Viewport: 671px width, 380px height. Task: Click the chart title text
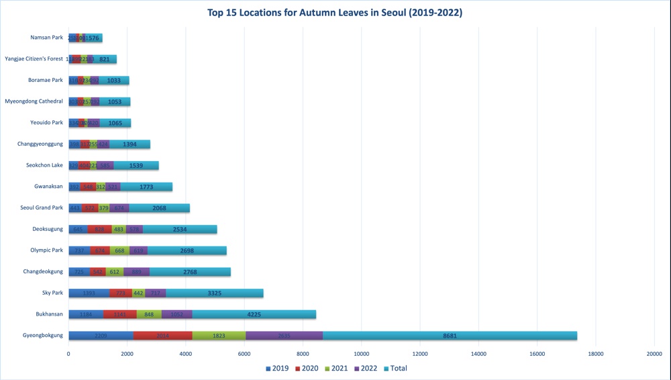335,13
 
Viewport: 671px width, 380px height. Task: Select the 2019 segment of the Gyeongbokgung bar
101,336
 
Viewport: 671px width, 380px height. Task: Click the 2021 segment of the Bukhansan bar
148,314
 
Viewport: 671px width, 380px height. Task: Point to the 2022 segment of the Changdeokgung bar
136,271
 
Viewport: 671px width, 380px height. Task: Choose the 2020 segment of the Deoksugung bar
99,229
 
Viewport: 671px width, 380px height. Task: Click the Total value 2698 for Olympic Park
187,250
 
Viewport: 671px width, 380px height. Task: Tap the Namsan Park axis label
46,38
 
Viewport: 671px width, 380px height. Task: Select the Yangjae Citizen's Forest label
34,59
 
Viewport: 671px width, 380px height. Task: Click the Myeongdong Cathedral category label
34,101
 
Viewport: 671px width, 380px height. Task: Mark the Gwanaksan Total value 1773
146,187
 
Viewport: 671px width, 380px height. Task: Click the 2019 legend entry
276,368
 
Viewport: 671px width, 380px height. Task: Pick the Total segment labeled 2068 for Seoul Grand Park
160,208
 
